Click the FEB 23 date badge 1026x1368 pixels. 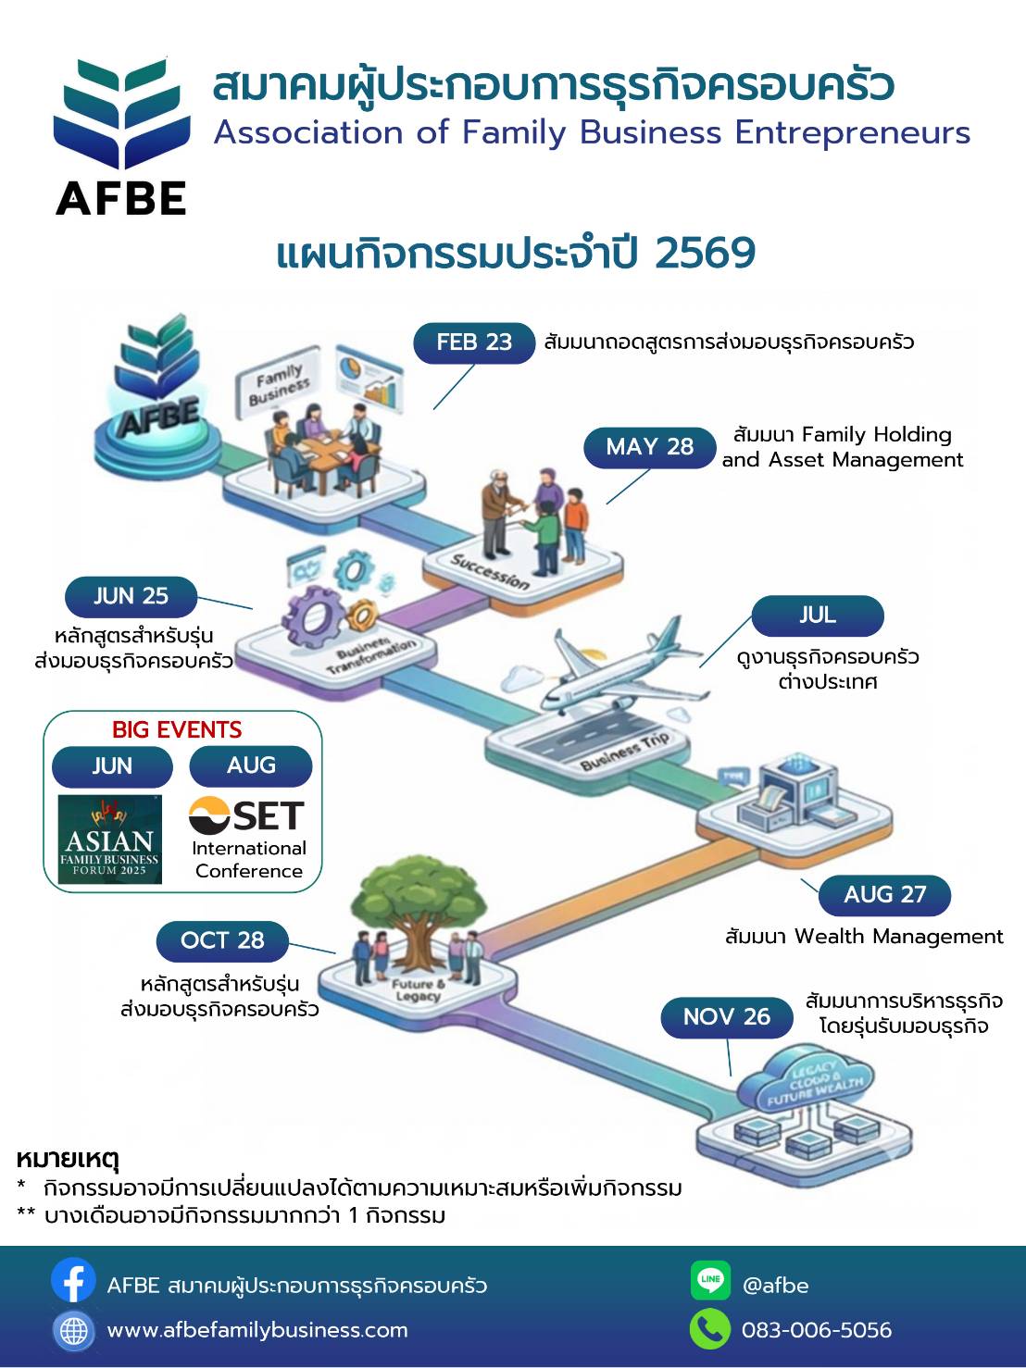(x=474, y=342)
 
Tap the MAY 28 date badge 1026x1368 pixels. (x=649, y=447)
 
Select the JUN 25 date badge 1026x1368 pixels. (x=131, y=596)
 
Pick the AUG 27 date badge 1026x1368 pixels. (x=884, y=895)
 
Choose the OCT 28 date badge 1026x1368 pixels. (x=222, y=941)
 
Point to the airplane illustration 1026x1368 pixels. (x=623, y=670)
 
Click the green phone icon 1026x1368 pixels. (x=710, y=1329)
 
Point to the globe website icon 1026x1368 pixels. (x=73, y=1331)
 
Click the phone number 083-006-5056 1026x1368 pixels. (x=817, y=1331)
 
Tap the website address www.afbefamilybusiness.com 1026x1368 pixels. (x=257, y=1331)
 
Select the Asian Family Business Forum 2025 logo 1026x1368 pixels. (x=109, y=839)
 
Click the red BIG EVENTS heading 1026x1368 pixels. (x=177, y=729)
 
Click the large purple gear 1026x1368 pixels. (x=312, y=616)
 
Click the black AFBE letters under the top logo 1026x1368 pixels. (x=121, y=198)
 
